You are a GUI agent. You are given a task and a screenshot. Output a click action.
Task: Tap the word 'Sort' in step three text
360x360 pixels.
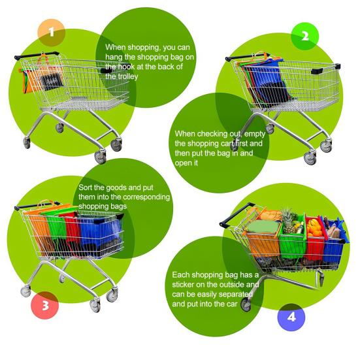click(x=88, y=187)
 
